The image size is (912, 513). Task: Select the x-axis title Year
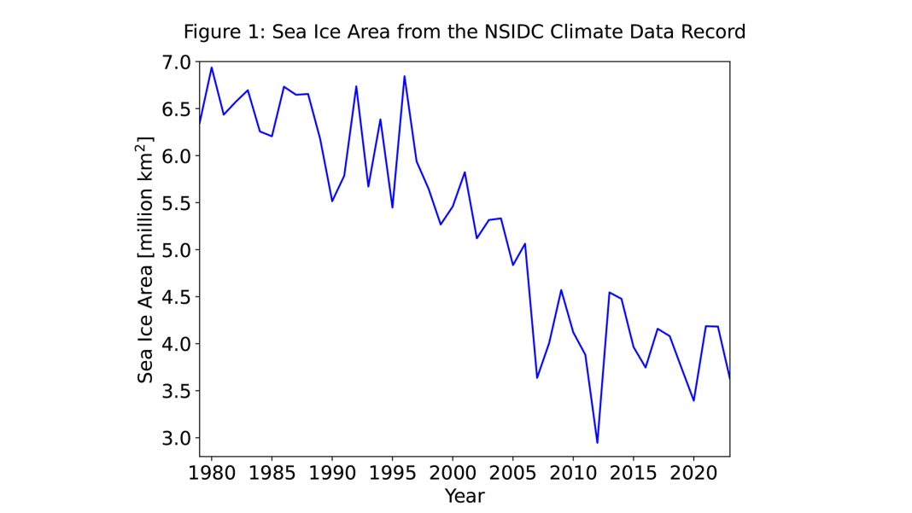tap(465, 495)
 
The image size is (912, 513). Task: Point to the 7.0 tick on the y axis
tap(176, 62)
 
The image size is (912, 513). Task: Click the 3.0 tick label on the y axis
tap(176, 438)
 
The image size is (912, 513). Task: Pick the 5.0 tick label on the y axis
tap(176, 250)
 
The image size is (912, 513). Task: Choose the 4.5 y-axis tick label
tap(176, 297)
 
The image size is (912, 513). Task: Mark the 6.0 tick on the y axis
tap(176, 156)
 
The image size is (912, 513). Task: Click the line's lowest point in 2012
tap(597, 442)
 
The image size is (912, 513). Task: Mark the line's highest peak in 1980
tap(212, 67)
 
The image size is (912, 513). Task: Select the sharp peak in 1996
tap(404, 77)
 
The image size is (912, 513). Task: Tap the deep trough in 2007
tap(536, 377)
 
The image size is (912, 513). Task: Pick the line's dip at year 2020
tap(693, 400)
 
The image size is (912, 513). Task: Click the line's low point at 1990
tap(331, 201)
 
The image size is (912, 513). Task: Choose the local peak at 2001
tap(464, 172)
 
